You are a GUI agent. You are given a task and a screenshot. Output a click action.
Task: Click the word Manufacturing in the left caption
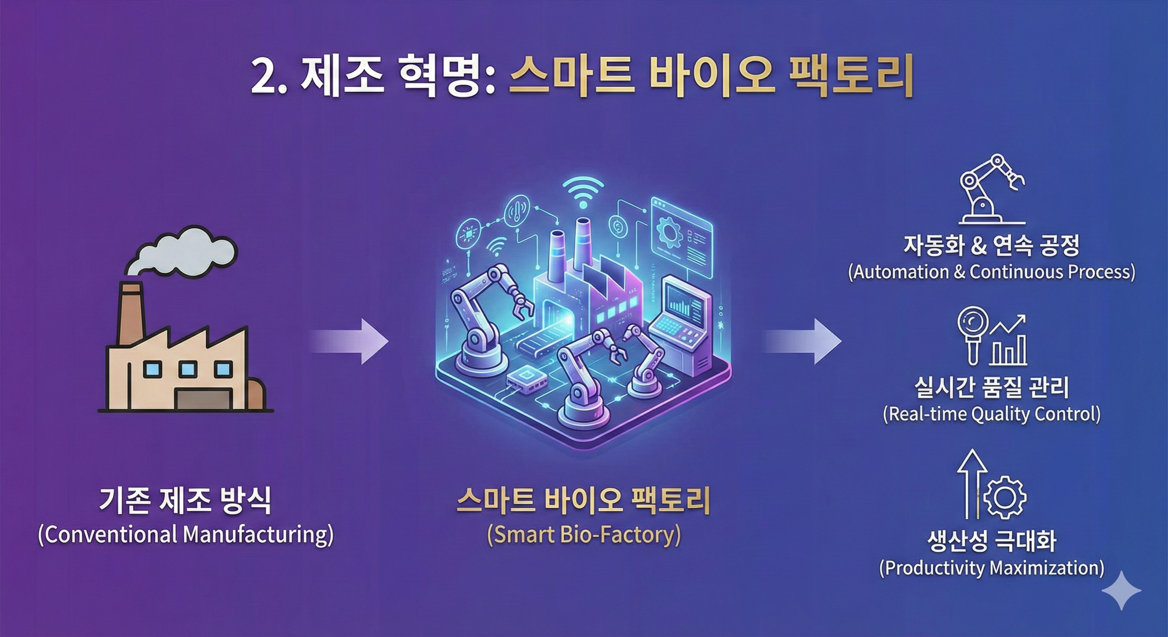256,535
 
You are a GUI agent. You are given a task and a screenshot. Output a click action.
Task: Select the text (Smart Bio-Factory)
584,535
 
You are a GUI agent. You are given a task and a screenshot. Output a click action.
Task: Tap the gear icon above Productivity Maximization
1006,497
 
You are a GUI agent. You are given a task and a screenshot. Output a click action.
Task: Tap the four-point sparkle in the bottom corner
1121,590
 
